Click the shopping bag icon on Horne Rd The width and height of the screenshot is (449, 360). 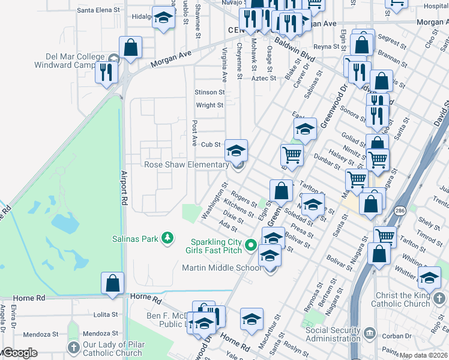pos(112,284)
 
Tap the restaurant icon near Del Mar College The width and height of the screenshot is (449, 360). pos(106,73)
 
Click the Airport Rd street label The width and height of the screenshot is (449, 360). pos(124,190)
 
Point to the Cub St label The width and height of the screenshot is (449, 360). pos(211,145)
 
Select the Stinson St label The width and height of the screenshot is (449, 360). pos(209,92)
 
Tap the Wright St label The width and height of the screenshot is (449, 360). pos(209,105)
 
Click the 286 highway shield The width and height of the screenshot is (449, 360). pos(400,211)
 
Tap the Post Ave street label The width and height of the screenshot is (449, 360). pos(194,133)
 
